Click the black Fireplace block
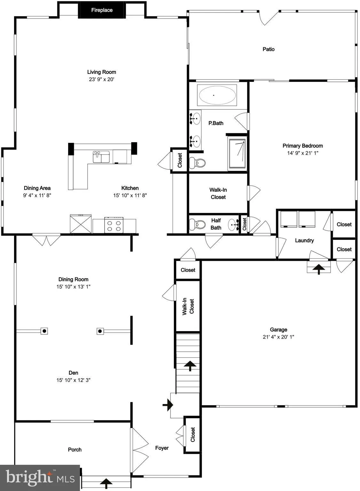click(x=102, y=10)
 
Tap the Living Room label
click(x=102, y=72)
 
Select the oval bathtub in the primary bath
click(x=217, y=95)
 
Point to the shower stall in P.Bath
click(x=237, y=153)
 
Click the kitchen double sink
click(x=101, y=157)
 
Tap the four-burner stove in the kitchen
click(x=114, y=225)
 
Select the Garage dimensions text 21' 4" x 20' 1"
click(x=278, y=337)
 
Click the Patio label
click(x=269, y=49)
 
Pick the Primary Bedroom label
click(x=302, y=146)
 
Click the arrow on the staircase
click(x=190, y=365)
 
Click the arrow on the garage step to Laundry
click(x=318, y=269)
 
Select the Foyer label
click(x=162, y=448)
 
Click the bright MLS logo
click(x=40, y=478)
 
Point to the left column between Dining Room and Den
click(x=44, y=331)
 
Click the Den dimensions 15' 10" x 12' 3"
click(x=73, y=380)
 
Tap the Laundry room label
click(x=304, y=240)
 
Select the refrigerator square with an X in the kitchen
click(x=81, y=224)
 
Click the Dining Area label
click(x=37, y=188)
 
